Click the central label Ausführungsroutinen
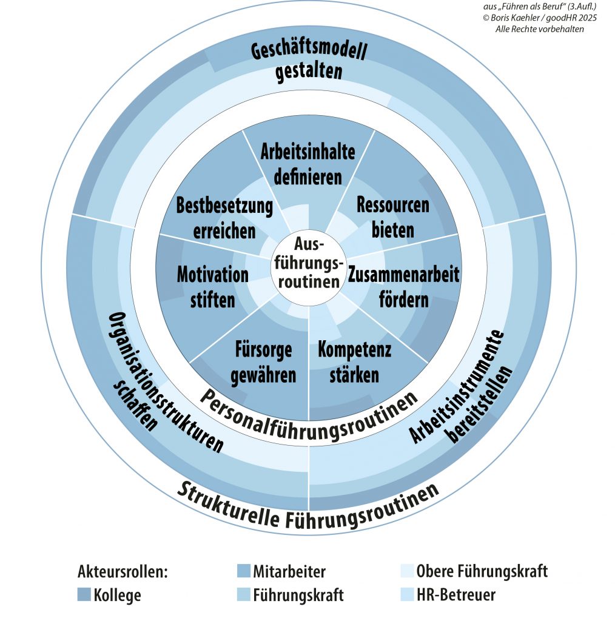(308, 263)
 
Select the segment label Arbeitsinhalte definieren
(308, 164)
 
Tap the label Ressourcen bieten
(393, 217)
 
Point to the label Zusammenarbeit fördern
(404, 286)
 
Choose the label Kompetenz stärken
(354, 362)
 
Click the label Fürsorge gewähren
(264, 362)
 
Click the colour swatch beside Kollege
(84, 595)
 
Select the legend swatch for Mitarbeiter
(243, 571)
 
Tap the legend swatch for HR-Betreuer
(408, 595)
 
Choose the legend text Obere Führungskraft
(482, 571)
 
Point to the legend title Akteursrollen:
(123, 571)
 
